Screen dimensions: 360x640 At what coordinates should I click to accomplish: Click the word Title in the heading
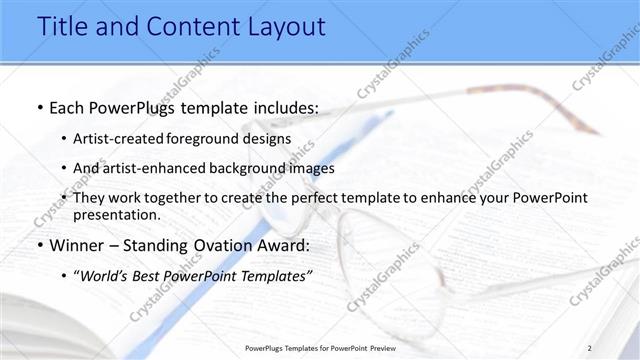coord(65,27)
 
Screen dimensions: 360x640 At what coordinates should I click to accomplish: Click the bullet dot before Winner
coord(38,246)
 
